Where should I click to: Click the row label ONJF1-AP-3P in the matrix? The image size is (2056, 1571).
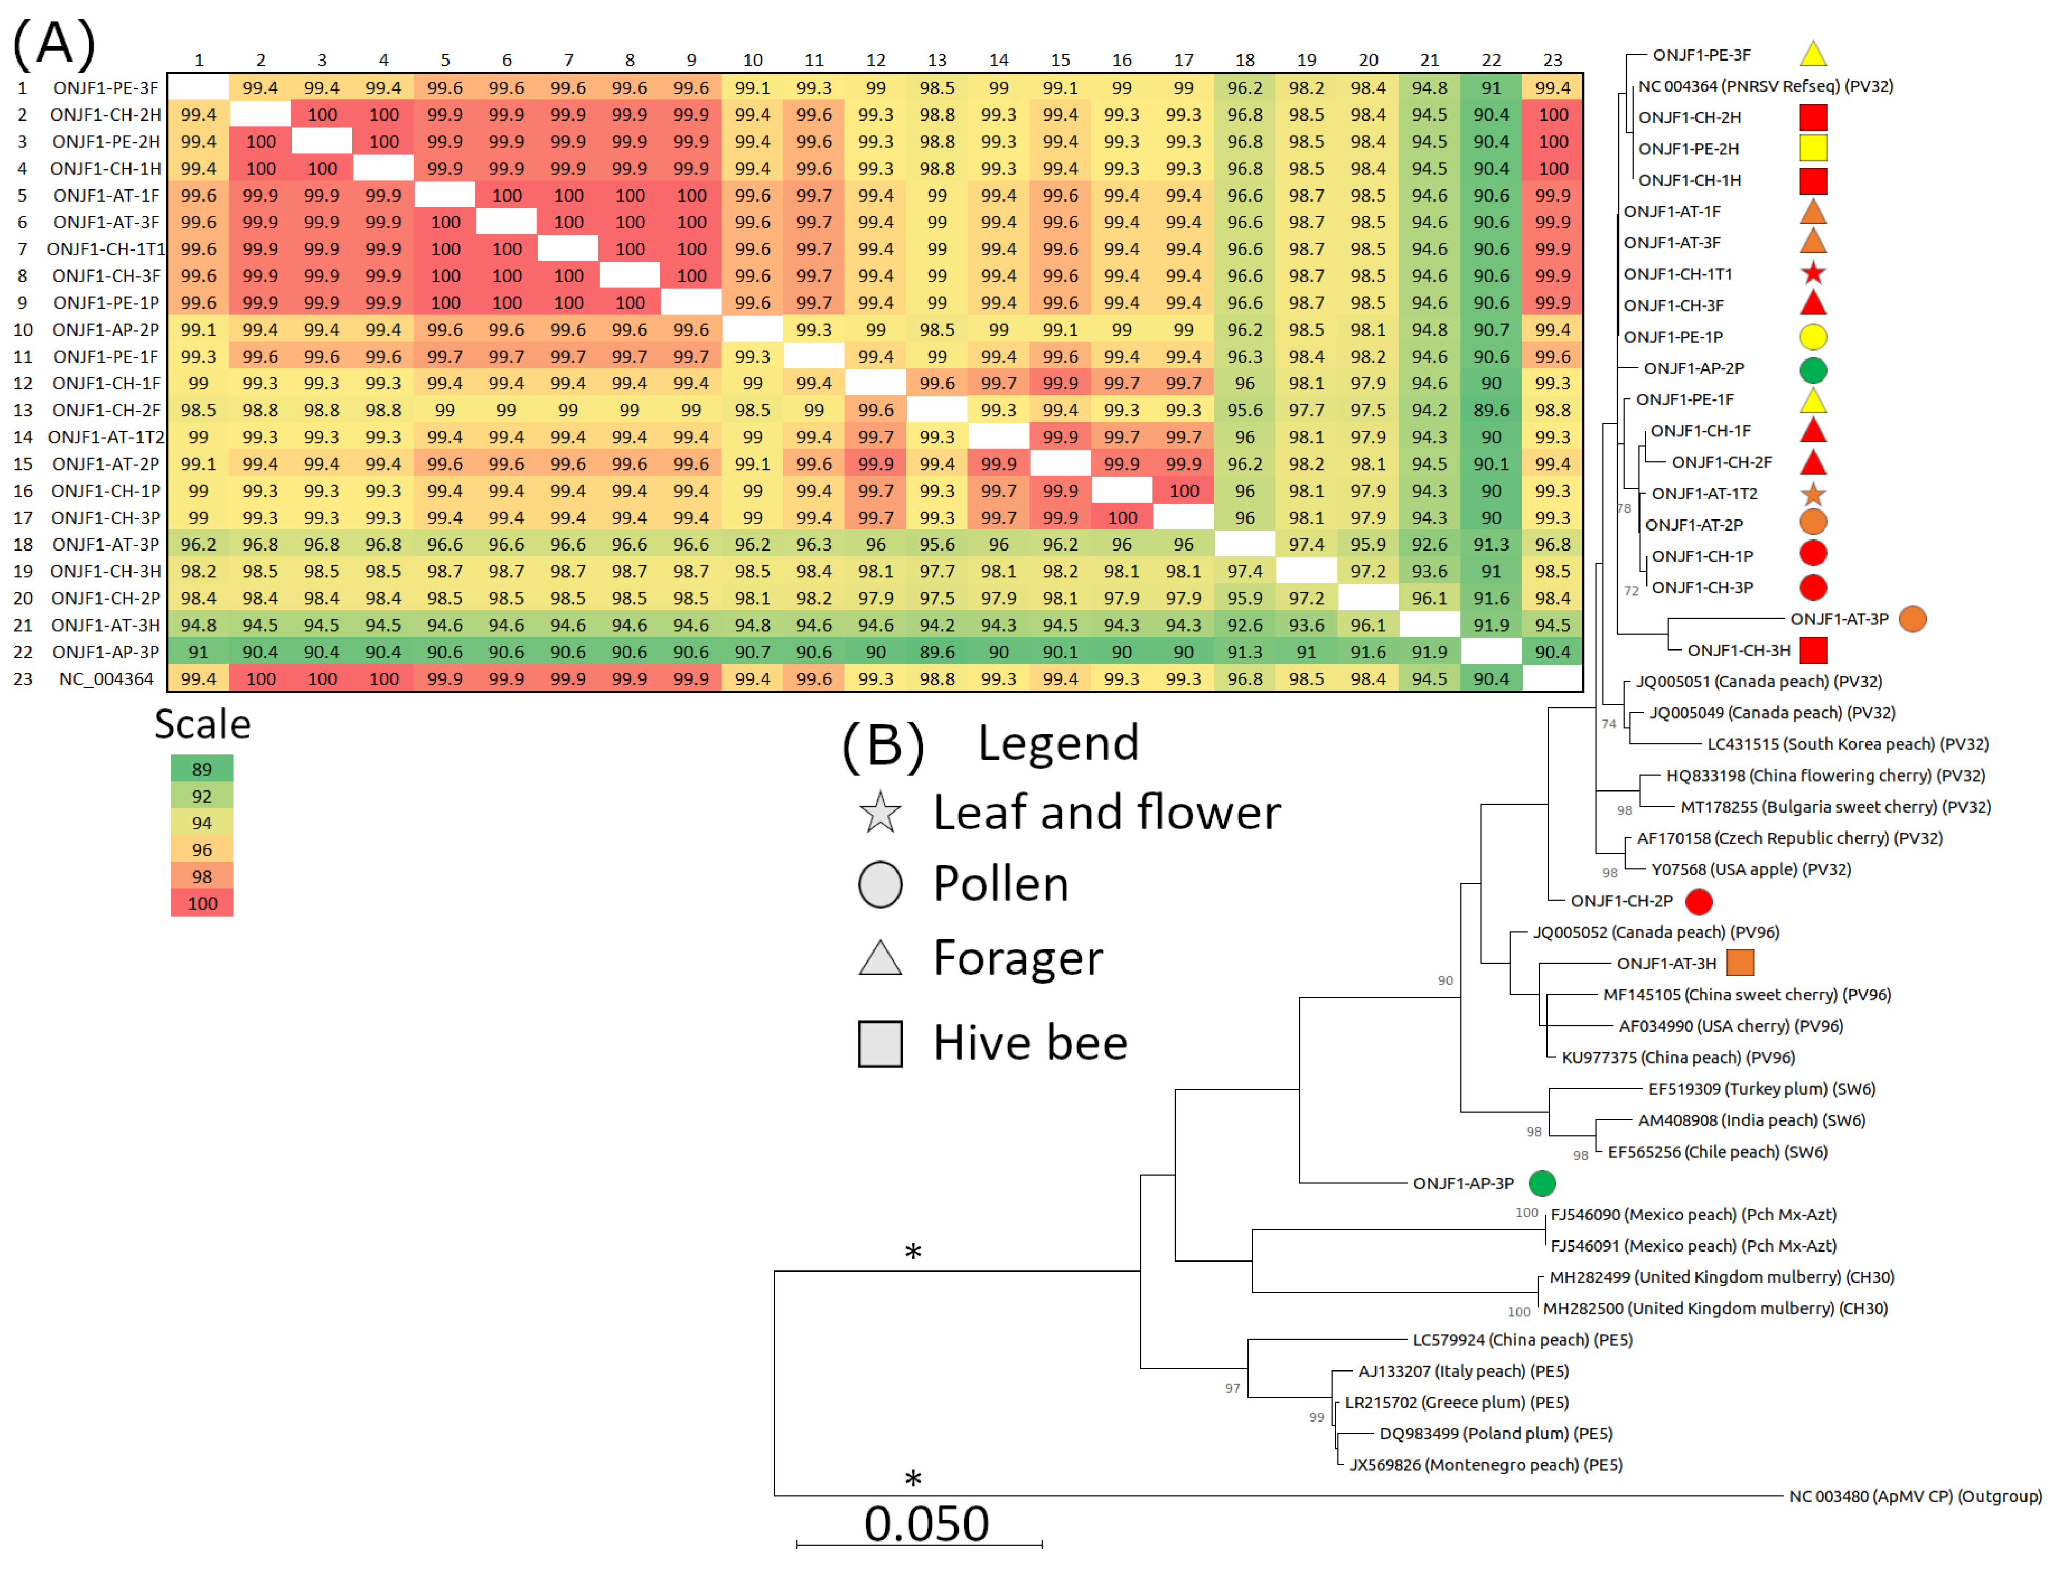click(x=105, y=652)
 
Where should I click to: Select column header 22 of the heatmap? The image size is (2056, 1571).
click(x=1490, y=60)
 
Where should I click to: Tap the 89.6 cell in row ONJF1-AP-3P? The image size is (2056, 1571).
click(x=937, y=652)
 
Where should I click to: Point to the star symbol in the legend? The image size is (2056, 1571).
click(x=880, y=812)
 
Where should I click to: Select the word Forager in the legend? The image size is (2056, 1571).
click(x=1018, y=957)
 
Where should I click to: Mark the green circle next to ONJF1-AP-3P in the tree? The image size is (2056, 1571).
click(x=1542, y=1183)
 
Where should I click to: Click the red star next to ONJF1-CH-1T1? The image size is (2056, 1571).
click(x=1813, y=273)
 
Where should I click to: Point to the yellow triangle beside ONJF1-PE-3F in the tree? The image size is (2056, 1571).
click(x=1813, y=54)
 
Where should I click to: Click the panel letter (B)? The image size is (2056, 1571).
click(x=883, y=745)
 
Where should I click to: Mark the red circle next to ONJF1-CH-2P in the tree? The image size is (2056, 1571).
click(x=1699, y=902)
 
